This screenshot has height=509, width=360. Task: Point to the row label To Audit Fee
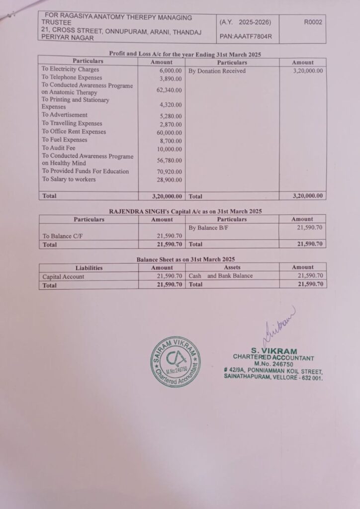(59, 148)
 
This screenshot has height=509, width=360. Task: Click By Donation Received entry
(217, 71)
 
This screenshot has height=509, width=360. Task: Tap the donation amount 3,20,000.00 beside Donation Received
(306, 71)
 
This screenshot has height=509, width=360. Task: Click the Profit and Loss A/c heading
(185, 54)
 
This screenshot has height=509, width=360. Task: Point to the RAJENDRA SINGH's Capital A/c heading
(185, 211)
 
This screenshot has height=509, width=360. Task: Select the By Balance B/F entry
(210, 228)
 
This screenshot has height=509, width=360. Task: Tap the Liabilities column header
(89, 267)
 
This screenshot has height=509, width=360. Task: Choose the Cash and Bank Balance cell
(221, 276)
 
